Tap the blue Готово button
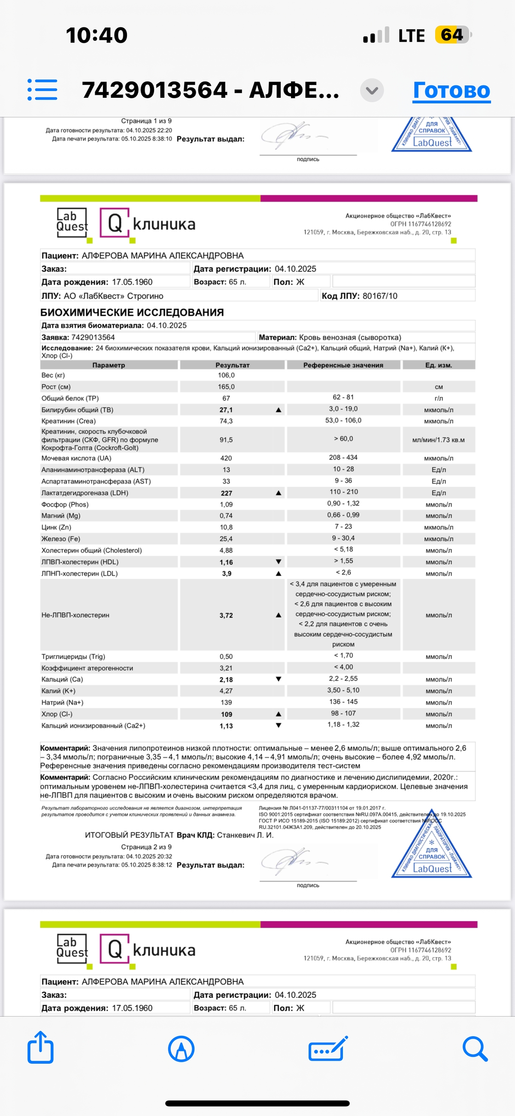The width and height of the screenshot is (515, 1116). (451, 90)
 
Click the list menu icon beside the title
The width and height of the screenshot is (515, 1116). (42, 90)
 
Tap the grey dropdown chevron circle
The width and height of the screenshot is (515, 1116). (372, 90)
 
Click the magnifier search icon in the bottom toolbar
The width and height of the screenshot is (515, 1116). (475, 1048)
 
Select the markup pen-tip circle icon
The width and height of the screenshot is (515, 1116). (181, 1048)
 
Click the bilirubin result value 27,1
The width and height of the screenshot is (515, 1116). (226, 410)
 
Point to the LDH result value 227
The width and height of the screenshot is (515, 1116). (226, 493)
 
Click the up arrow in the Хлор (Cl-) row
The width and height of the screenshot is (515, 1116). (278, 714)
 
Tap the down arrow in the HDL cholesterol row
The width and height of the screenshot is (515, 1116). (278, 562)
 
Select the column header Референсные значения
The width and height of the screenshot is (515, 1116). (343, 365)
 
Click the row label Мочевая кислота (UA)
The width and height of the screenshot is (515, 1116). (76, 458)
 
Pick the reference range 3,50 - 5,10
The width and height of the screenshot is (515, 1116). (343, 690)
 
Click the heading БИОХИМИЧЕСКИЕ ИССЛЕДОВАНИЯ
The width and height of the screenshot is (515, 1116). (132, 312)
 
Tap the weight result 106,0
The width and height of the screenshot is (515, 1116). (226, 375)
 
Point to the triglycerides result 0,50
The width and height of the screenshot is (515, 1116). (226, 657)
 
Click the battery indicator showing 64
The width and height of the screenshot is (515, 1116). (453, 35)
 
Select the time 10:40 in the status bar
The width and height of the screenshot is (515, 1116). (97, 35)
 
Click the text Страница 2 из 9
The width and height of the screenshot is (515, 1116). (146, 847)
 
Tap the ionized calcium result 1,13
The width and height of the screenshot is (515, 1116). (226, 726)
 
